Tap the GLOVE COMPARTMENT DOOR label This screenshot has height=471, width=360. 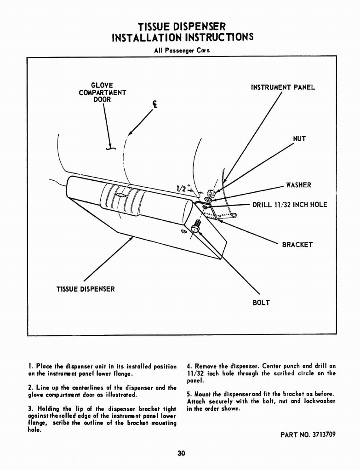(x=102, y=92)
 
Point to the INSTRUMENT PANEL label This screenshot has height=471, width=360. (x=283, y=87)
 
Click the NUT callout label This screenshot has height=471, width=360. (x=299, y=138)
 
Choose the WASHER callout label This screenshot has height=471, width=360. (x=298, y=185)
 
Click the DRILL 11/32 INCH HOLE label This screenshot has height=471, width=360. (x=290, y=204)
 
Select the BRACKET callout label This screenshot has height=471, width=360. (x=297, y=245)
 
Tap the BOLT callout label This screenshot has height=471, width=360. (x=261, y=303)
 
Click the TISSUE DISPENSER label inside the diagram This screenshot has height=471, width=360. (x=86, y=289)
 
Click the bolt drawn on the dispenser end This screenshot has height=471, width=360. (x=196, y=226)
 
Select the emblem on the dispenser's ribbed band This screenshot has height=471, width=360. (x=121, y=195)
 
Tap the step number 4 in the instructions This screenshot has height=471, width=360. (x=189, y=366)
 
